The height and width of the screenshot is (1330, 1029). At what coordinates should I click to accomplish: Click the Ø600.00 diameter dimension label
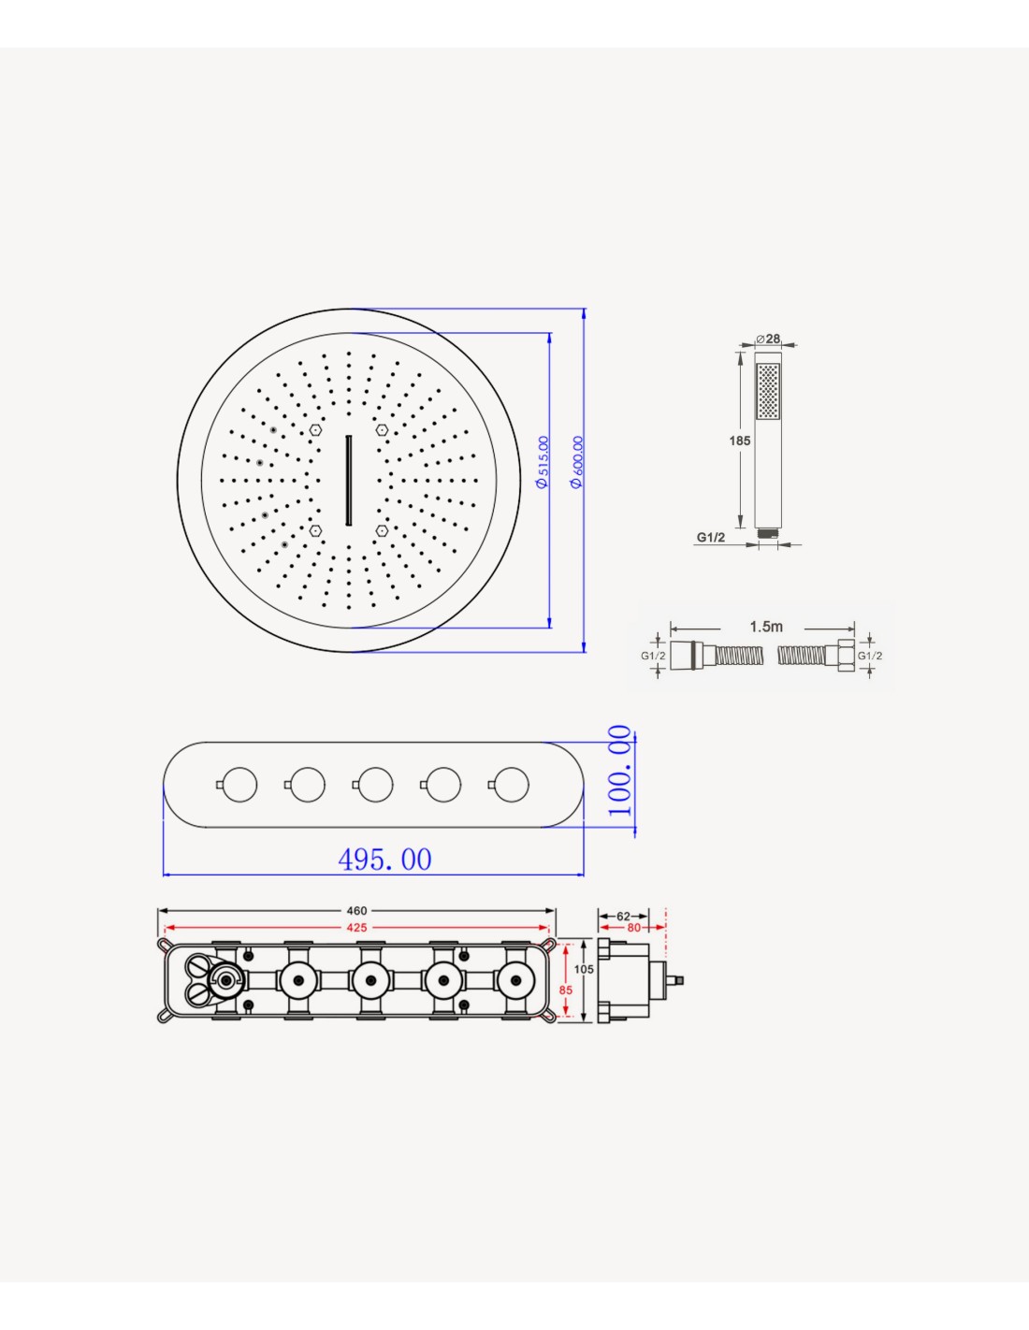[x=575, y=461]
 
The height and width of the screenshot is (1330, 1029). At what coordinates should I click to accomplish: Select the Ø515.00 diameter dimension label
[x=542, y=461]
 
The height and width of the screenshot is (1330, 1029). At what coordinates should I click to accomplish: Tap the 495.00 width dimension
[x=384, y=859]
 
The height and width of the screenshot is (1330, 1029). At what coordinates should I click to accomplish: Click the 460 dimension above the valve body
[x=356, y=911]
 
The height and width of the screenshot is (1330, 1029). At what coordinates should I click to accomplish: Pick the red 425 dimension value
[x=356, y=928]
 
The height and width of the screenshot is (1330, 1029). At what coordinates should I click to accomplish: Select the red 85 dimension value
[x=566, y=990]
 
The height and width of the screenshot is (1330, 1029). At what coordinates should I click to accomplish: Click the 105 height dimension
[x=584, y=970]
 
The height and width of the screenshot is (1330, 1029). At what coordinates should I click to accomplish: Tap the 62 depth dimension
[x=623, y=917]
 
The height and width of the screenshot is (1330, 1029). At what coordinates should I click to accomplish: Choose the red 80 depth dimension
[x=633, y=928]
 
